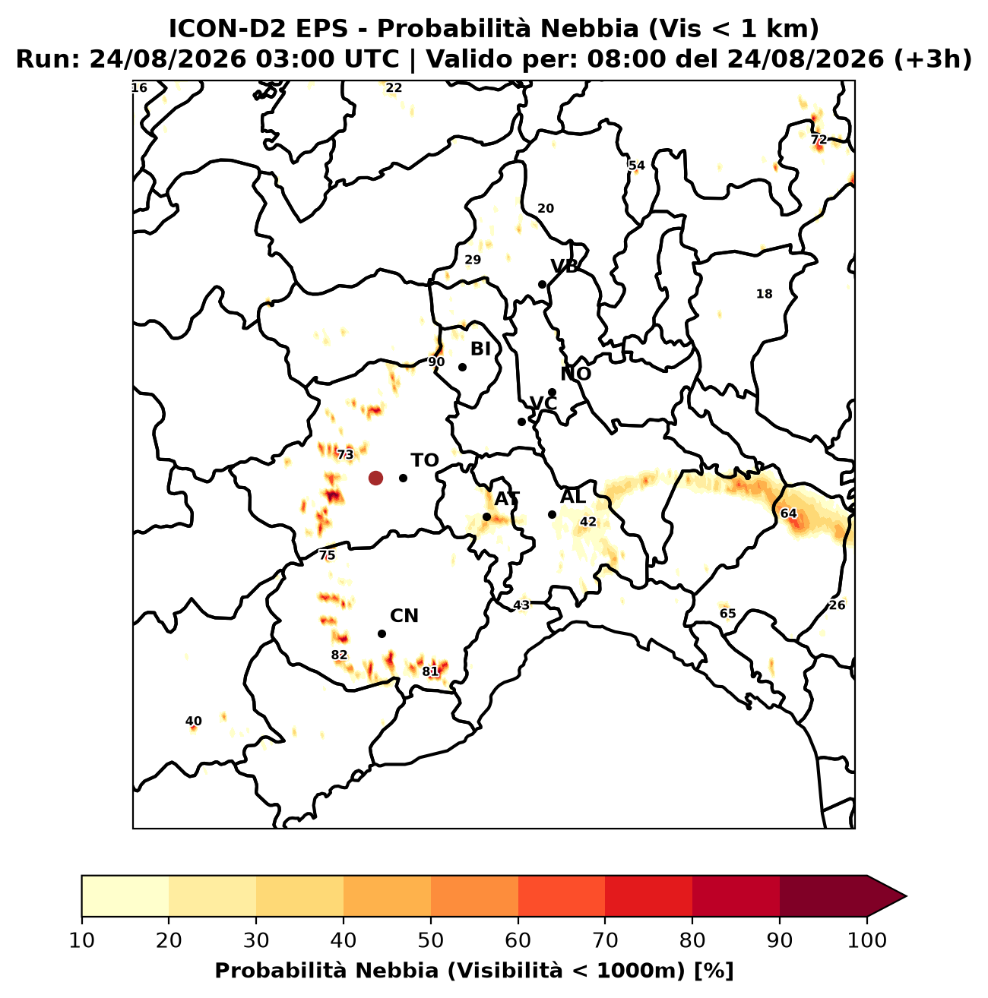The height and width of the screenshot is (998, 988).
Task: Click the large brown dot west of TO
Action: coord(375,478)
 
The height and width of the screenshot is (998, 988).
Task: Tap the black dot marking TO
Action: coord(403,478)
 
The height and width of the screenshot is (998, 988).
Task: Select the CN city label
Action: coord(404,616)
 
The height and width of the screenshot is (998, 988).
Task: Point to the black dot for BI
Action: coord(462,367)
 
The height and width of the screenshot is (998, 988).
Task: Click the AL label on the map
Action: coord(573,497)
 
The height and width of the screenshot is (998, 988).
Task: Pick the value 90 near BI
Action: coord(436,362)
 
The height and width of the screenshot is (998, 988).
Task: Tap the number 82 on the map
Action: coord(339,655)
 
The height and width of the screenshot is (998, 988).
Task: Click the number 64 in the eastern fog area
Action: coord(788,513)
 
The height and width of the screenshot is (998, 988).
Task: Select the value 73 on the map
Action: coord(345,455)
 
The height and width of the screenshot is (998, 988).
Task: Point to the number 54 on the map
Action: coord(637,166)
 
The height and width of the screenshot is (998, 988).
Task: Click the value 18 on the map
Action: coord(764,294)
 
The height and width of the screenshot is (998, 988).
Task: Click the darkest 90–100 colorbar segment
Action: coord(823,896)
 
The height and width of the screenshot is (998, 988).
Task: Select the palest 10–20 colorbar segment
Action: coord(125,896)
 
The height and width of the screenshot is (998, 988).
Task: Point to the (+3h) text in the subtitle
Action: coord(933,59)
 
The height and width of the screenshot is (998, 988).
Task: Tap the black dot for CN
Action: coord(382,634)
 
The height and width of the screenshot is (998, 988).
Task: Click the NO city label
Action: coord(576,374)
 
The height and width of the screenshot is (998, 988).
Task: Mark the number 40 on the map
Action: coord(193,721)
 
